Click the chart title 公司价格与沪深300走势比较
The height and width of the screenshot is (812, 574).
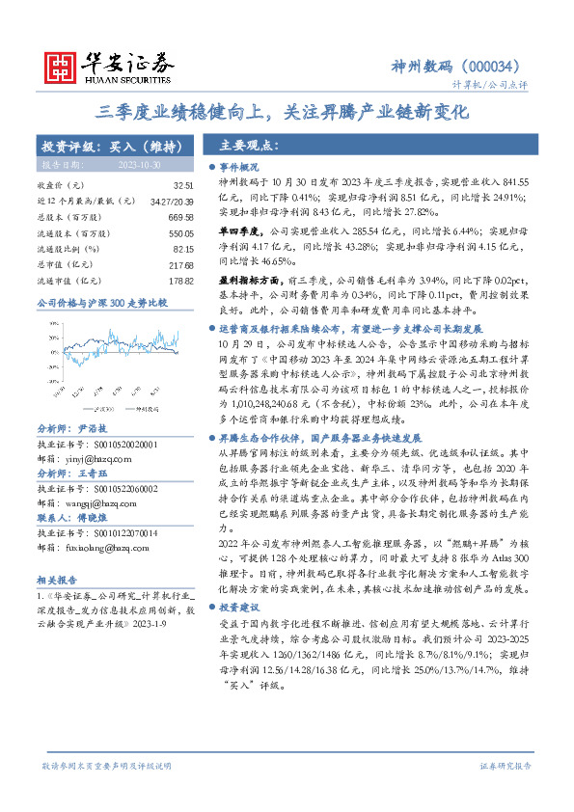tap(101, 303)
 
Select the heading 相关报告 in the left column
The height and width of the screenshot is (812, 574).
tap(55, 581)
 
